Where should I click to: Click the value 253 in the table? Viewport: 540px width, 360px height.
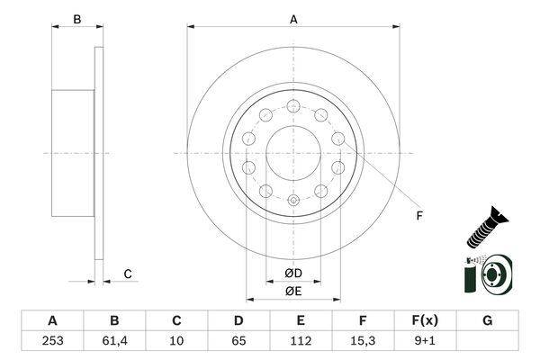tap(52, 341)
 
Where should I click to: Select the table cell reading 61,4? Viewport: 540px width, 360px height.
tap(114, 341)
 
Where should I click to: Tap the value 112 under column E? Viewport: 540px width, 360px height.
tap(301, 341)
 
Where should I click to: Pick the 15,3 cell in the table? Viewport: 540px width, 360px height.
tap(363, 341)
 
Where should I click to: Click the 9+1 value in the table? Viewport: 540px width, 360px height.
tap(425, 341)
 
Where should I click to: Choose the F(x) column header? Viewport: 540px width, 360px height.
tap(425, 320)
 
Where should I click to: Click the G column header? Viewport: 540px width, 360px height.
tap(487, 320)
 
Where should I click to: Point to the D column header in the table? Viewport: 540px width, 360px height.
tap(238, 320)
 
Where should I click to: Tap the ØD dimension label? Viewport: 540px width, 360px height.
tap(293, 274)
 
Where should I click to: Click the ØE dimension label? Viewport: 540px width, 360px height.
tap(293, 292)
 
